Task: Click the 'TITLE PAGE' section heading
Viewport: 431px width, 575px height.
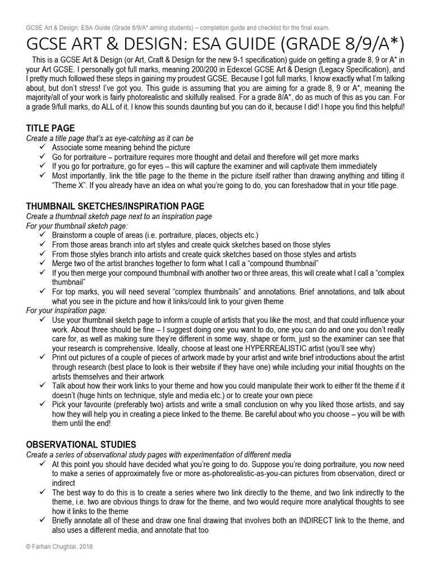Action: click(51, 128)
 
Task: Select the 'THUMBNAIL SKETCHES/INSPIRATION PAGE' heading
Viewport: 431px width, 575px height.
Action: click(115, 206)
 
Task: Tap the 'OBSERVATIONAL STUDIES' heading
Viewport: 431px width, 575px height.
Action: click(81, 444)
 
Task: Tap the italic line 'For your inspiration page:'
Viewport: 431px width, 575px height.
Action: click(67, 310)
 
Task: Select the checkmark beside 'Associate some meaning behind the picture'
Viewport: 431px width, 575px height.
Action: click(43, 147)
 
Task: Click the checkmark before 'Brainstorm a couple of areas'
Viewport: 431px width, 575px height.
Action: click(43, 234)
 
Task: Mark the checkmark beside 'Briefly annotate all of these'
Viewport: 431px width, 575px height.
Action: click(43, 521)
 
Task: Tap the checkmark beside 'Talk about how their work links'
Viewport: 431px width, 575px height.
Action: click(43, 386)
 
